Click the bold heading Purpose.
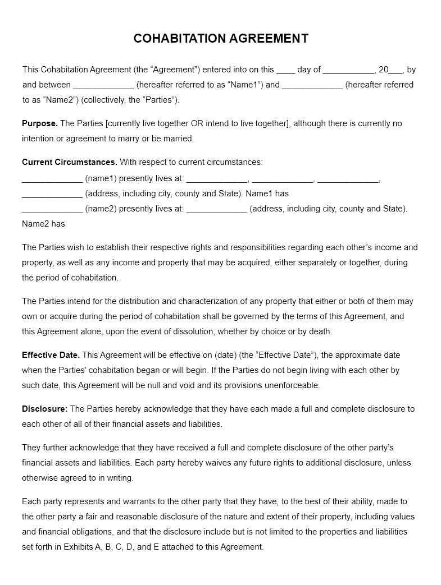(x=40, y=123)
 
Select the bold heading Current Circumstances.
(x=70, y=162)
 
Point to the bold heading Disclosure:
(x=45, y=409)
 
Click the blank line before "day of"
(x=286, y=71)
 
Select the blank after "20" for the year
(x=396, y=71)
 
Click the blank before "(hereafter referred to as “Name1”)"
(x=103, y=86)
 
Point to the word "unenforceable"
(x=290, y=385)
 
